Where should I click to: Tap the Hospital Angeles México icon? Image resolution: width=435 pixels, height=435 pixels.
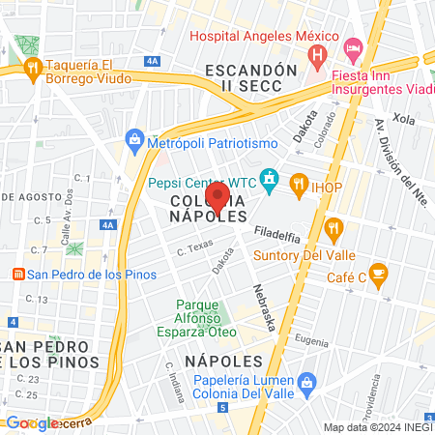tap(316, 57)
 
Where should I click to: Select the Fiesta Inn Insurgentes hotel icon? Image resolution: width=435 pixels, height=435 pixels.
tap(353, 46)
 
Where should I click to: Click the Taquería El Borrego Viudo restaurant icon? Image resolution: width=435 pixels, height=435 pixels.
tap(33, 67)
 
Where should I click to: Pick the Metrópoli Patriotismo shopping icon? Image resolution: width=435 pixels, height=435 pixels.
tap(134, 141)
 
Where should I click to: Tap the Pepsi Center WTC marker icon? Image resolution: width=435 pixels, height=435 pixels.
tap(270, 180)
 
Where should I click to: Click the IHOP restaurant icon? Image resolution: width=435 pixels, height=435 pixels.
tap(299, 181)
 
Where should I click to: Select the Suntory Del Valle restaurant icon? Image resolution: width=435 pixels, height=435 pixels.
tap(335, 230)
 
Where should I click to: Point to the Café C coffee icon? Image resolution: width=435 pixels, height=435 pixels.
tap(378, 273)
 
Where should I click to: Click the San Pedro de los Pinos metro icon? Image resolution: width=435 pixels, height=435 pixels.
tap(14, 273)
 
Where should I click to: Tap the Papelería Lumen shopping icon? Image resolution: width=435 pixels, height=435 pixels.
tap(306, 384)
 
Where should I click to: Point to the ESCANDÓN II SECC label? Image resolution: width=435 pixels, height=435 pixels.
tap(249, 78)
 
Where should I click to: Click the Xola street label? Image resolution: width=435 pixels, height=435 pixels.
tap(403, 119)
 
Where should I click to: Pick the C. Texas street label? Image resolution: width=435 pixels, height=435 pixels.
tap(193, 249)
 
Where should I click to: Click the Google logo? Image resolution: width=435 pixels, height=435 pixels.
tap(32, 422)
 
